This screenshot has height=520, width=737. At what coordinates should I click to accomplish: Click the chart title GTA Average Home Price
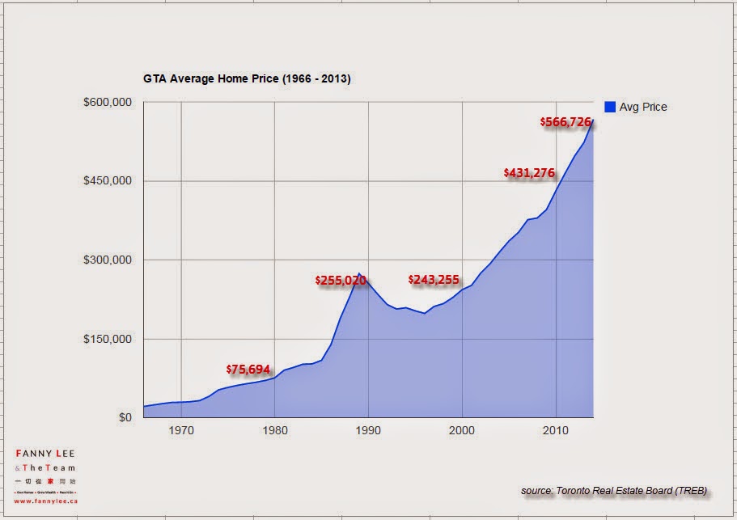pos(246,79)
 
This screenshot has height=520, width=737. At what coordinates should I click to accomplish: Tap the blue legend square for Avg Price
pos(610,106)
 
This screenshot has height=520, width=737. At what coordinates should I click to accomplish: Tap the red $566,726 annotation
pos(566,121)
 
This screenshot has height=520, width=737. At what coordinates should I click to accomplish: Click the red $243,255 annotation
pos(434,280)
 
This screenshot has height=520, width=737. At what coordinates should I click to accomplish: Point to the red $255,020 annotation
pos(341,281)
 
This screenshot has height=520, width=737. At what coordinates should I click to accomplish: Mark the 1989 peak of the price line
pos(359,273)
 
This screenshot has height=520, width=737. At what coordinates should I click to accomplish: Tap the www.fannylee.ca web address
pos(45,501)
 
